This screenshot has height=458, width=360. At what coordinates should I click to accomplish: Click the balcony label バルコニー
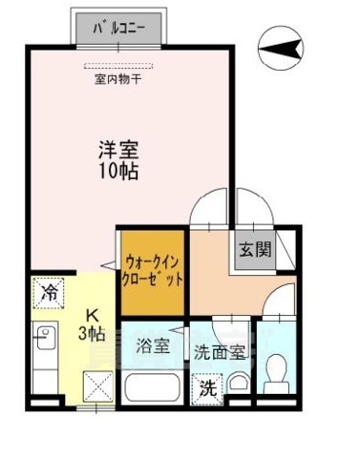(120, 28)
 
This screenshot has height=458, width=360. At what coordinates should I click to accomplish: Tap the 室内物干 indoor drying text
(120, 79)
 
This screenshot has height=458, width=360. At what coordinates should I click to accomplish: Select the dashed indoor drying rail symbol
(120, 66)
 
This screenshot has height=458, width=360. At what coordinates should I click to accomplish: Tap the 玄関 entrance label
(254, 251)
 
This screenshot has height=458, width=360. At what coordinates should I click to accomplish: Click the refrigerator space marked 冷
(46, 293)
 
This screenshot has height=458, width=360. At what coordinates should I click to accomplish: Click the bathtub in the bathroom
(153, 388)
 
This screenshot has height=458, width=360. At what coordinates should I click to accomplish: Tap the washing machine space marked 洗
(208, 388)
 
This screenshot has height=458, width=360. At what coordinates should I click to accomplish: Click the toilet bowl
(277, 370)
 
